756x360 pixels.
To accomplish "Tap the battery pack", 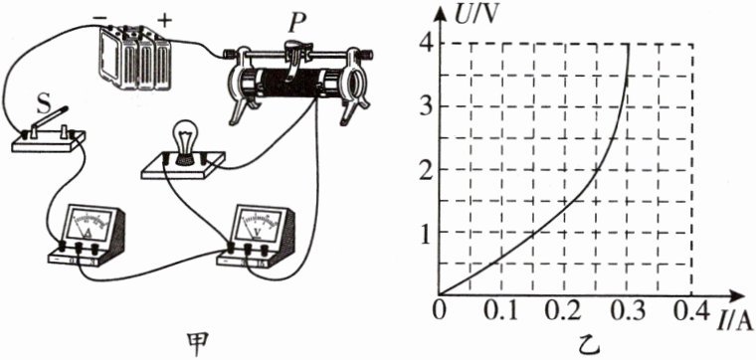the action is pos(134,58).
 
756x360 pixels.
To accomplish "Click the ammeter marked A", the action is pos(87,235).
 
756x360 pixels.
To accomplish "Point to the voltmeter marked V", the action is pos(256,236).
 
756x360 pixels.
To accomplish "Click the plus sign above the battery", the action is pos(165,20).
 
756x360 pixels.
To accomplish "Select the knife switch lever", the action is pos(49,119).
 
